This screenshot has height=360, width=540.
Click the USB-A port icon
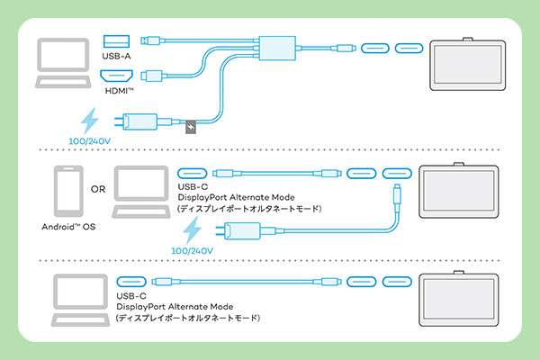tap(116, 40)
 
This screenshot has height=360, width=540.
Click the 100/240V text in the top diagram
tap(90, 142)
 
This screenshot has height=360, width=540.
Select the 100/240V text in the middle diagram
tap(193, 249)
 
